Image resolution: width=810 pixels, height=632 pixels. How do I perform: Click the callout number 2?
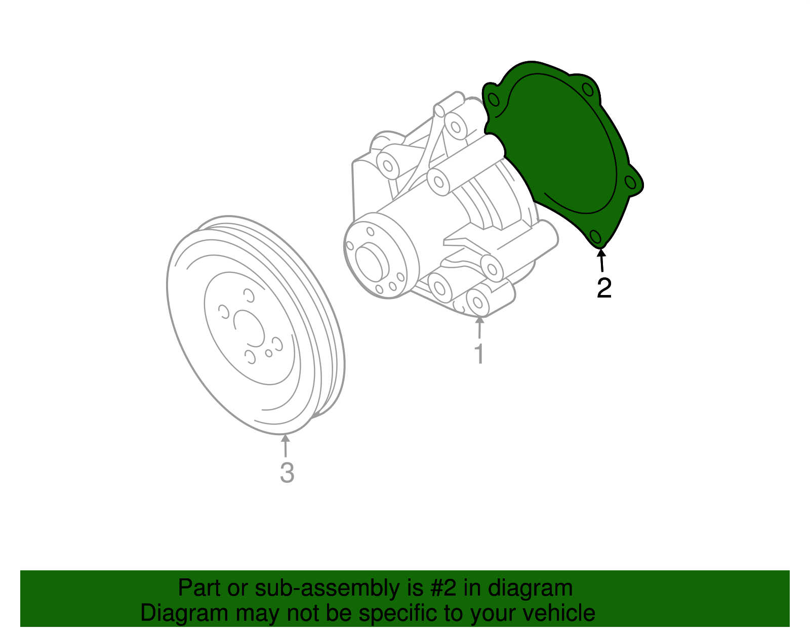click(x=604, y=288)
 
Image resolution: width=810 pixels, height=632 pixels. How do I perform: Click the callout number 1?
click(x=479, y=354)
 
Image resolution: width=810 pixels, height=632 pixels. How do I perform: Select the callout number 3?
click(x=287, y=473)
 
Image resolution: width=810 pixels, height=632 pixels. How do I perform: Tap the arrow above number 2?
click(x=601, y=260)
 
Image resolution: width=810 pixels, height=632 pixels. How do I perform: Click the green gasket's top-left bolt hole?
click(x=494, y=99)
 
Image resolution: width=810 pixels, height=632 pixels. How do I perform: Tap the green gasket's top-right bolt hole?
click(x=588, y=91)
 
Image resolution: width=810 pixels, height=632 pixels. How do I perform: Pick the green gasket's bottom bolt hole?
click(x=596, y=237)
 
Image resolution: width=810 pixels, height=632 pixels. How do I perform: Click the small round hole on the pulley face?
click(x=269, y=353)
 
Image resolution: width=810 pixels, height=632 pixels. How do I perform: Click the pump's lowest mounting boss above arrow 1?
click(x=477, y=303)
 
